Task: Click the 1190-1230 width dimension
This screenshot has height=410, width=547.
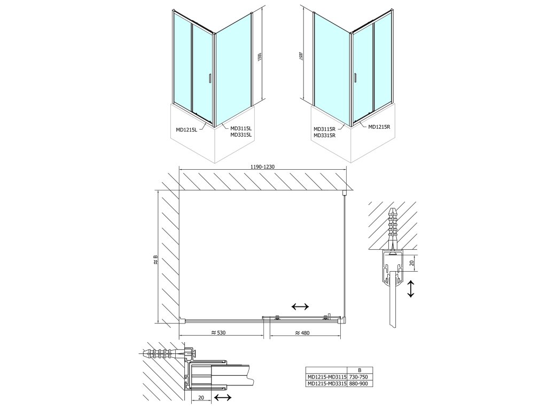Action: tap(262, 167)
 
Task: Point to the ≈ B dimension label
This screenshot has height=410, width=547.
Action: tap(155, 260)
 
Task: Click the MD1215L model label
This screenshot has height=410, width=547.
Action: tap(186, 129)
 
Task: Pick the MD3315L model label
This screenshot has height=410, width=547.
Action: tap(240, 135)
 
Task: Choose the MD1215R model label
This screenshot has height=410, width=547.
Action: tap(379, 127)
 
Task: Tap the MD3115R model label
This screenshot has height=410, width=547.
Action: tap(324, 129)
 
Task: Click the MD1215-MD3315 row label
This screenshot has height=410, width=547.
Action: tap(325, 382)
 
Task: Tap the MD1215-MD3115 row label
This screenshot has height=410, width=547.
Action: tap(325, 376)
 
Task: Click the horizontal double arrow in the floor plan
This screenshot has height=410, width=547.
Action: tap(300, 306)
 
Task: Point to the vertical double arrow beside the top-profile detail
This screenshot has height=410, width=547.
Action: tap(410, 289)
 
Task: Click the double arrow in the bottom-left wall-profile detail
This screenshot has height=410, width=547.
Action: tap(222, 398)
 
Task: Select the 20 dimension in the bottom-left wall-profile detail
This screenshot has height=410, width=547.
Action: tap(200, 398)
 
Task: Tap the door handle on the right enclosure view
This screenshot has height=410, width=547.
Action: tap(355, 77)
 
